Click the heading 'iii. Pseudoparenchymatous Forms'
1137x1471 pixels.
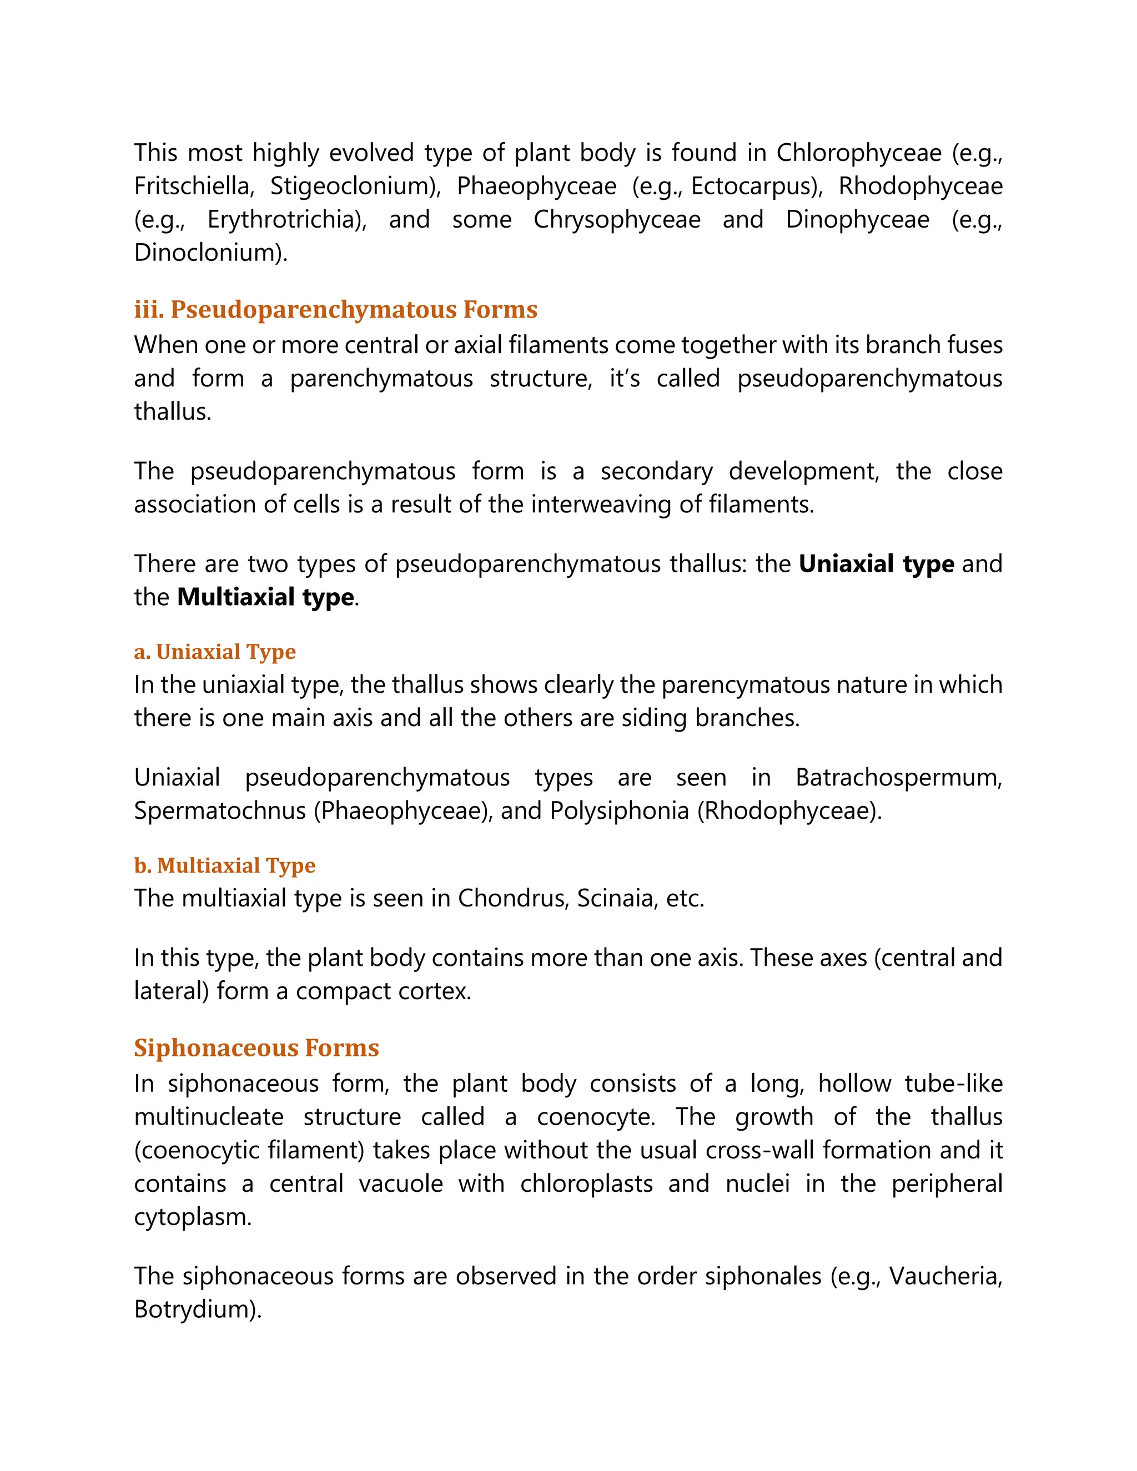(335, 309)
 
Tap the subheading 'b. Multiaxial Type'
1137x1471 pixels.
(224, 865)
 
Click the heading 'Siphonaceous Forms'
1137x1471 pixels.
(256, 1047)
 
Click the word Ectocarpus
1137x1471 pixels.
(754, 186)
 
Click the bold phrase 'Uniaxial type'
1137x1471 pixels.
(876, 564)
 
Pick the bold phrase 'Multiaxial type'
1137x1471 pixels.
(265, 597)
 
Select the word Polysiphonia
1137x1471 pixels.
(619, 810)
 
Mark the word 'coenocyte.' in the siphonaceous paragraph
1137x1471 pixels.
(596, 1117)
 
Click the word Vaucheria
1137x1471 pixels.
(944, 1276)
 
